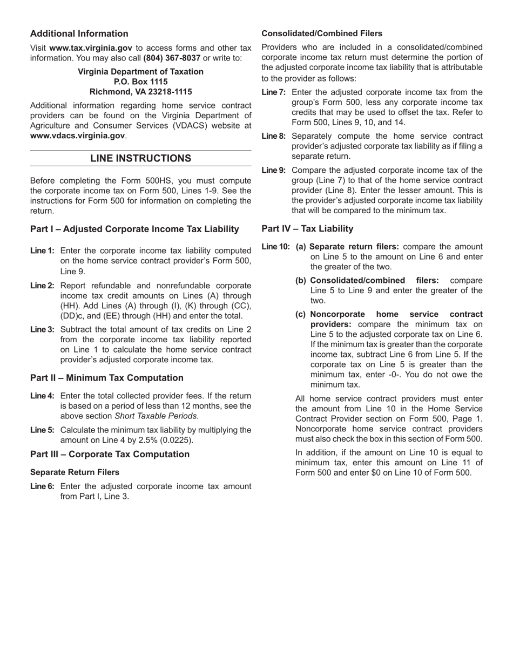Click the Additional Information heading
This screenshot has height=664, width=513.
pos(79,33)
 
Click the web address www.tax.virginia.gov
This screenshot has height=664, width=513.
pos(91,48)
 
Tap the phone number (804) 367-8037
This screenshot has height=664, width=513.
pos(172,58)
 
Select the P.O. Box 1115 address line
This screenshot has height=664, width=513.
pos(140,82)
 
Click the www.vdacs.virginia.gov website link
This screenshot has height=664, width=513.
pos(77,135)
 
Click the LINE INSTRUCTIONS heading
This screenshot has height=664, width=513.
pos(140,158)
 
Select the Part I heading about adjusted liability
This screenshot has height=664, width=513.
pos(134,229)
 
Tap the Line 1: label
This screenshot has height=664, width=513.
pos(42,251)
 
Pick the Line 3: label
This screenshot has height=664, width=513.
pos(42,329)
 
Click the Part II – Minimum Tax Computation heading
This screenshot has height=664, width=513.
pos(107,378)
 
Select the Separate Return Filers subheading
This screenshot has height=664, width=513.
pos(75,472)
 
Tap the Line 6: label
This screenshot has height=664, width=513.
pos(42,486)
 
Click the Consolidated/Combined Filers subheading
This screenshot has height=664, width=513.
pos(322,33)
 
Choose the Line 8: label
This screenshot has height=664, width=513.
pos(273,136)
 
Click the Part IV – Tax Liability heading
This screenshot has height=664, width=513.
pos(307,228)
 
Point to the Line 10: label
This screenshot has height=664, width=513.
pos(275,247)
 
